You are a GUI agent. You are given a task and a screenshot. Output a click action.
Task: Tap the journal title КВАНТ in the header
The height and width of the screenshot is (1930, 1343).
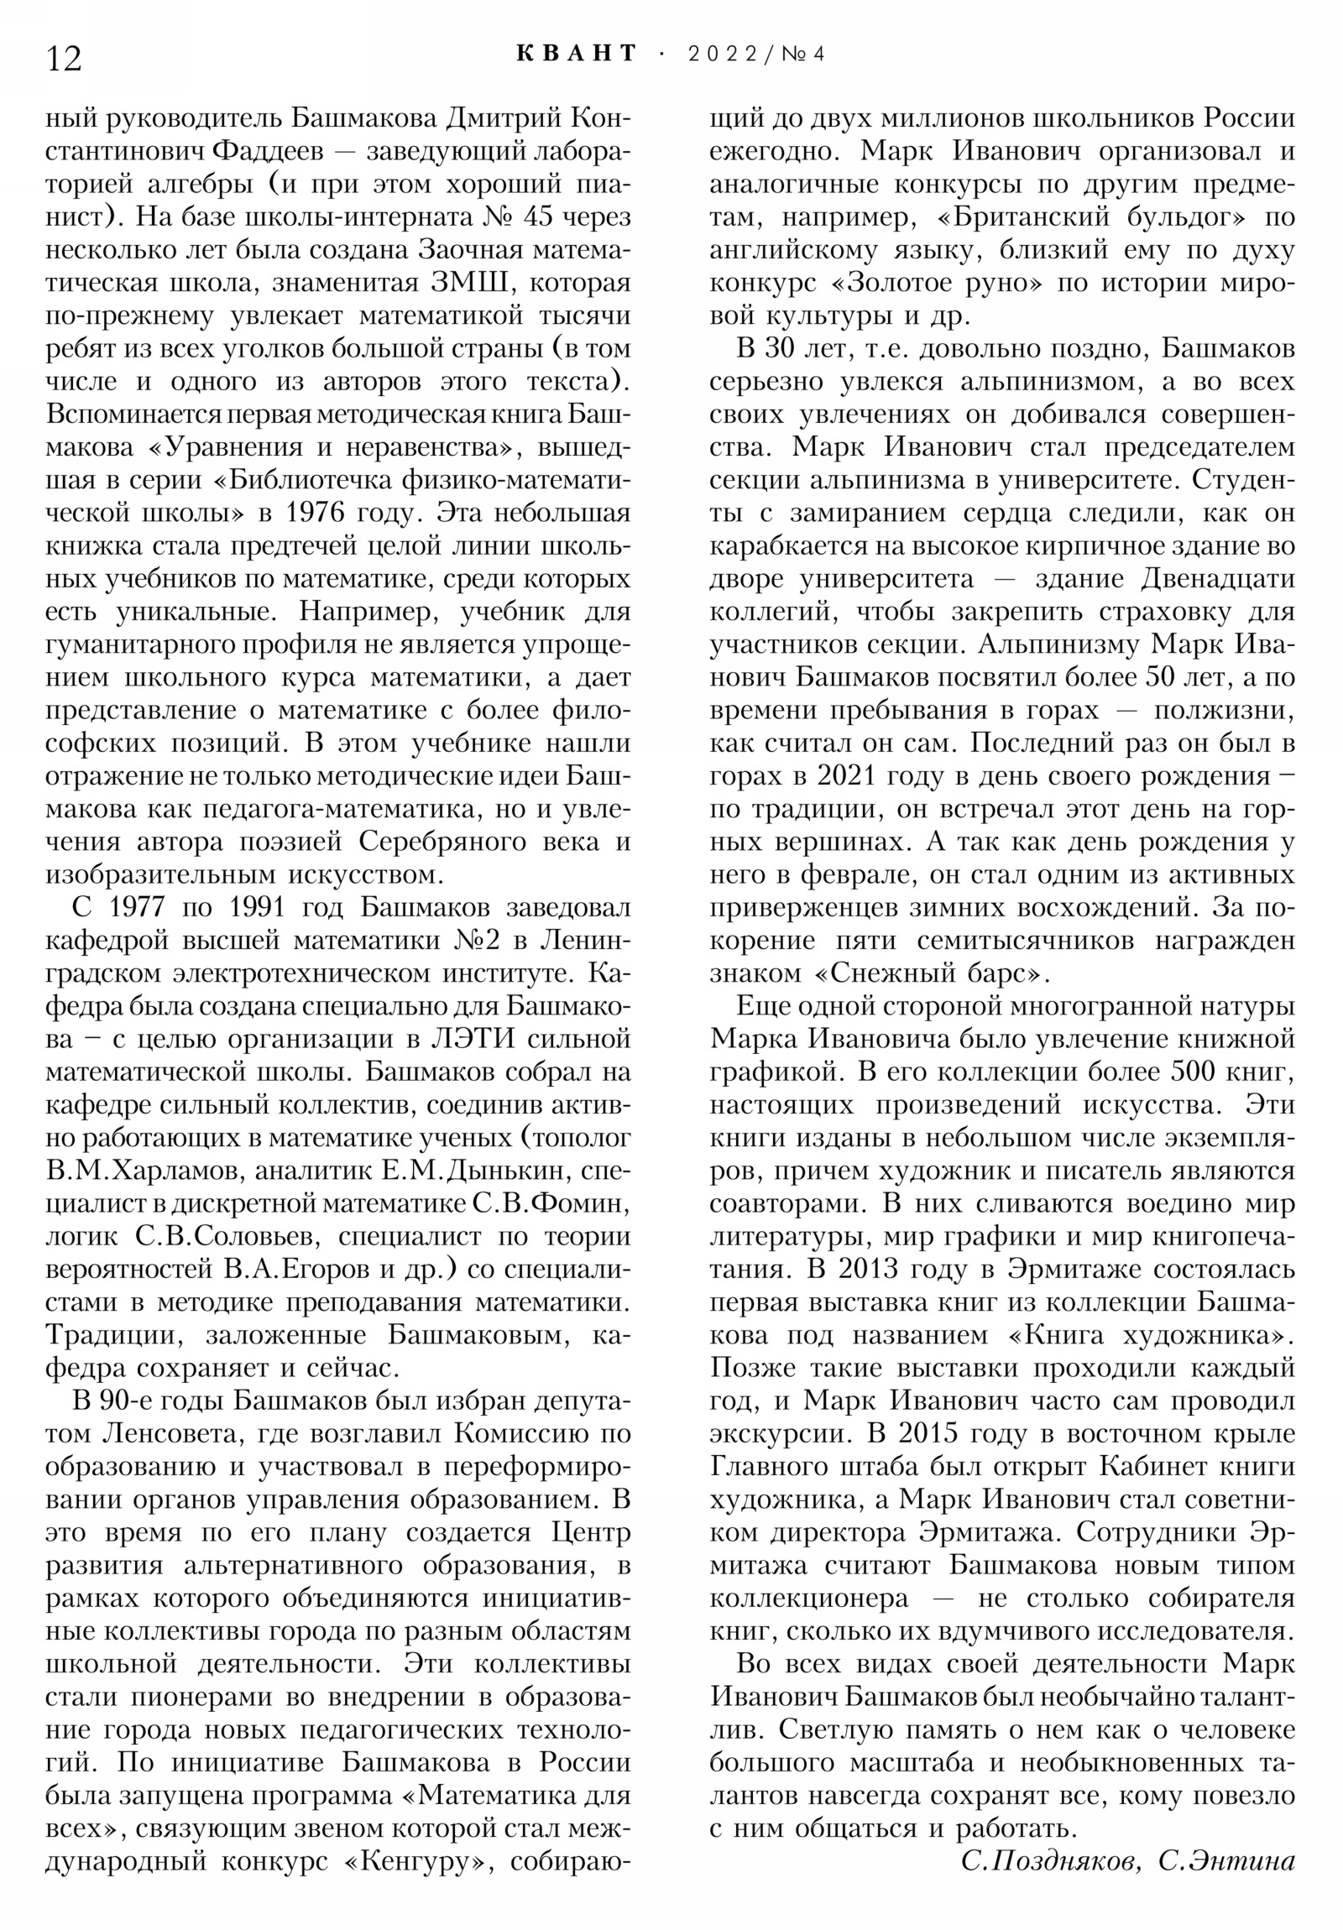(576, 54)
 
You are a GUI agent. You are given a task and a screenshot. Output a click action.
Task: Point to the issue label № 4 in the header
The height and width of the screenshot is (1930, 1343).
(803, 55)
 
